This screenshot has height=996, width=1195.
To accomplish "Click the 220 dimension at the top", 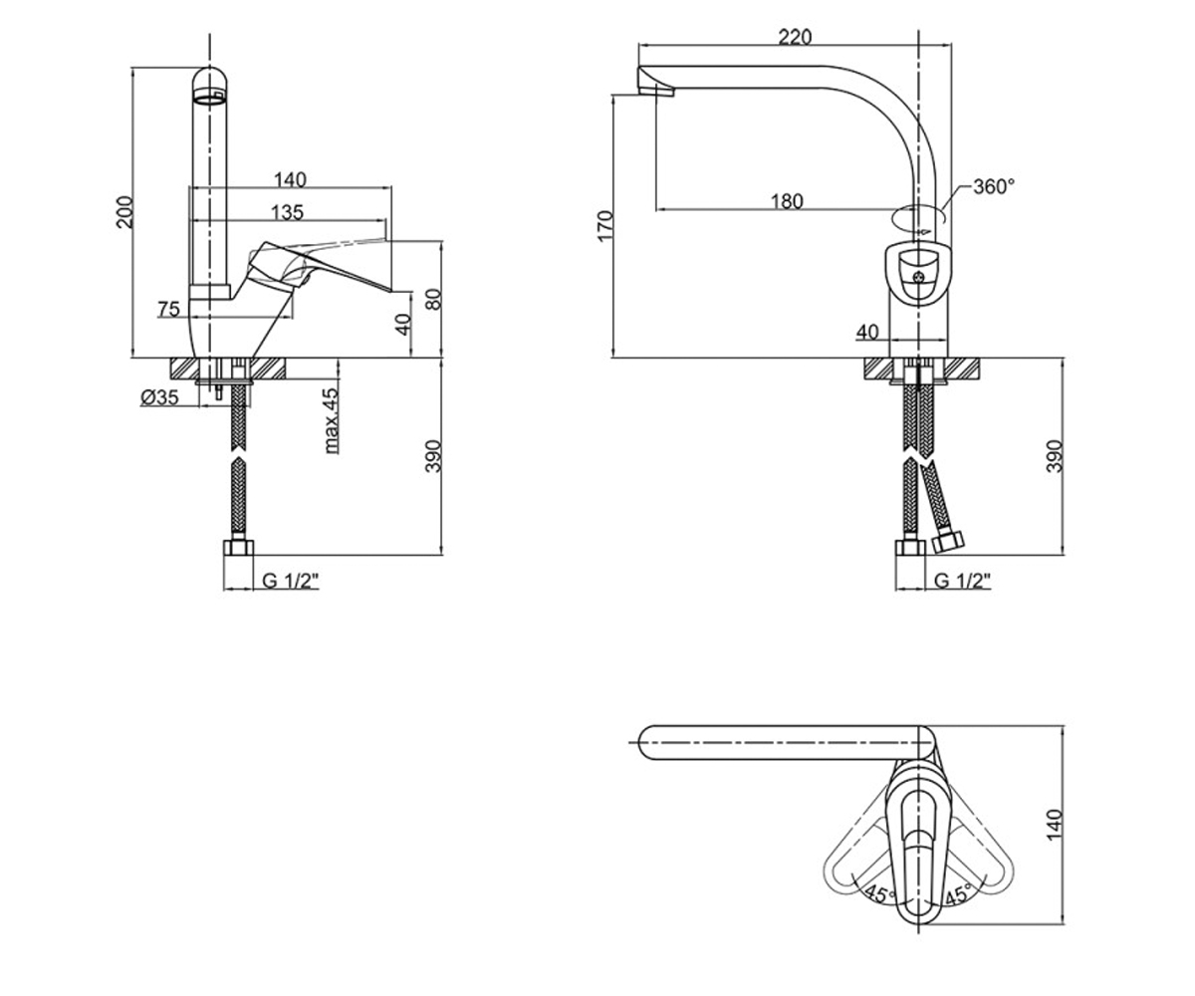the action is [x=795, y=37].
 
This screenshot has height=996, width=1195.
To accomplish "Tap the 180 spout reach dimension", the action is [x=787, y=201].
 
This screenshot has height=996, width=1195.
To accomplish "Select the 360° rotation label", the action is [x=994, y=186].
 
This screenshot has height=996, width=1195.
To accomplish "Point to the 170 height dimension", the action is [x=604, y=226].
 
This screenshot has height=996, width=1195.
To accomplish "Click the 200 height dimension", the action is [x=124, y=212].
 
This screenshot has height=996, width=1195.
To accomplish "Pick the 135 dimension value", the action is [x=288, y=212].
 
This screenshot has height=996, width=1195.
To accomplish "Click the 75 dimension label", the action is [x=169, y=309].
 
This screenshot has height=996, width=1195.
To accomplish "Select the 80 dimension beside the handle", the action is [x=434, y=299].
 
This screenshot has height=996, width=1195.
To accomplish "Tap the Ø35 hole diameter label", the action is [x=159, y=396].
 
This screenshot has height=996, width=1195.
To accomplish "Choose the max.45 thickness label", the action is [x=331, y=420].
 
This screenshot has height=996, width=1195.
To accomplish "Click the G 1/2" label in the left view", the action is [x=290, y=581].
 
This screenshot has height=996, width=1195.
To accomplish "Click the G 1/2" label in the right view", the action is [x=963, y=581].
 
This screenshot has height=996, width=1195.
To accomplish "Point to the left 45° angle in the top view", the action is [x=880, y=893].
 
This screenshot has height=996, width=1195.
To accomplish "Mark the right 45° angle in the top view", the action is [x=959, y=893].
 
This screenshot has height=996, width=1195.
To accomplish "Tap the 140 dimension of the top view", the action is [x=1054, y=825].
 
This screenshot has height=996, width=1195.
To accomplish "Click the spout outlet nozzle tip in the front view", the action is [x=656, y=83].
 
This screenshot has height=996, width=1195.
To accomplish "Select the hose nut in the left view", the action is [x=238, y=546].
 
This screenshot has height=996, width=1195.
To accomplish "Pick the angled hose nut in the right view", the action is [x=948, y=542].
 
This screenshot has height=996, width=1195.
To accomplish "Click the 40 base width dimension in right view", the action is [x=867, y=332].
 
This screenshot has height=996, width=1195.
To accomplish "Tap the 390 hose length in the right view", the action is [x=1054, y=456].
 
